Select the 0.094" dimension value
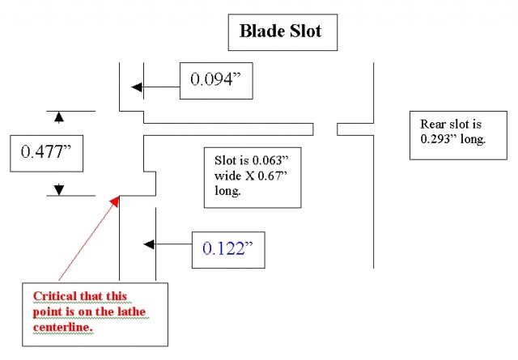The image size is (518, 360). coord(215,79)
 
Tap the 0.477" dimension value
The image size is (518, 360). coord(46,152)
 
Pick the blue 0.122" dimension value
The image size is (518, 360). coord(227,248)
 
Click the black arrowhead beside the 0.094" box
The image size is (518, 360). coord(137,87)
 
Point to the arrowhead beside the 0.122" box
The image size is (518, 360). coord(149,244)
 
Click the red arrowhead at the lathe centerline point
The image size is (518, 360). coord(115,201)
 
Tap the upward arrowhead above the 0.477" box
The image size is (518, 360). coord(59,117)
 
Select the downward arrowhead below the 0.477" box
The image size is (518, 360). coord(59,189)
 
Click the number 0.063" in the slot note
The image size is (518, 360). coord(270,160)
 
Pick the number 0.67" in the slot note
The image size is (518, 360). coord(272,176)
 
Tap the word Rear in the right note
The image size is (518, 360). coord(431,125)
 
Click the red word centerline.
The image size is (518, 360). coord(63,327)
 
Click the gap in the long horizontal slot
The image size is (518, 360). coord(325,129)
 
